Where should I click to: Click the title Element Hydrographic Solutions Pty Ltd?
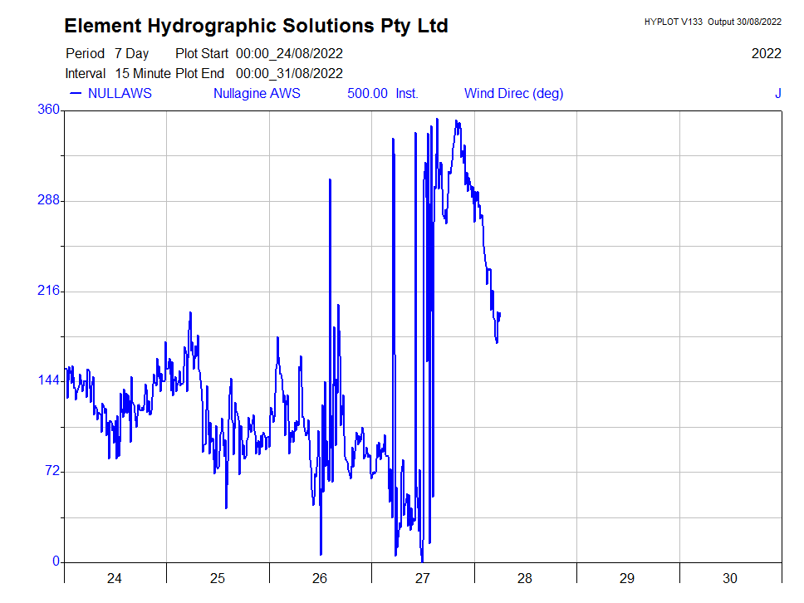pos(256,26)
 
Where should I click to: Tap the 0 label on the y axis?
pos(56,561)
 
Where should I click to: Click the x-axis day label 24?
pos(115,579)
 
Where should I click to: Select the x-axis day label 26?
pos(320,579)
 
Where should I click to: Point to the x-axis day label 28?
pos(525,579)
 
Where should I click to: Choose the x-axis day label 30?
pos(730,579)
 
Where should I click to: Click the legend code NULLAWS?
pos(120,93)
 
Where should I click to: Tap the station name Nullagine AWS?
pos(257,93)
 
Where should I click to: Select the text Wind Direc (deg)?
pos(513,93)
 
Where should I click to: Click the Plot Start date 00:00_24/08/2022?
pos(289,53)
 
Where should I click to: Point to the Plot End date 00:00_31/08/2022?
pos(289,73)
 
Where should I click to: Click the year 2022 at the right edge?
pos(766,53)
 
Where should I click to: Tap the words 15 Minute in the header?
pos(143,73)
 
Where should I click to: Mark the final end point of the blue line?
pos(500,313)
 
